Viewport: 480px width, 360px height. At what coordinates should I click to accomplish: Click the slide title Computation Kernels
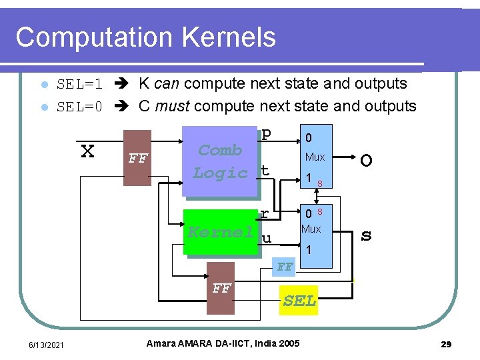point(145,37)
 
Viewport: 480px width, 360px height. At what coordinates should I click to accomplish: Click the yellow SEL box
point(299,301)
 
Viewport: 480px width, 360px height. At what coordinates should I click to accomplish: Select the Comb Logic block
point(220,161)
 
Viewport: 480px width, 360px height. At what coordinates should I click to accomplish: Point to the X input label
point(87,151)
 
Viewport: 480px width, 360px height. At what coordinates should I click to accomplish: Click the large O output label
point(366,161)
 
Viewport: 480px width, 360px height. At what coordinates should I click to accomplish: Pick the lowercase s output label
point(366,235)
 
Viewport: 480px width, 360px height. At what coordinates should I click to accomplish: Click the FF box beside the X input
point(138,159)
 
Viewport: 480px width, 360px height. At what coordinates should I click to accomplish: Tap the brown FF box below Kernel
point(221,289)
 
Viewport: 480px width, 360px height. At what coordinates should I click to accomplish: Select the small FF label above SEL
point(285,267)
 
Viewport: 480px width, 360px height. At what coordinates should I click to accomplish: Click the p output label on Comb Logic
point(266,133)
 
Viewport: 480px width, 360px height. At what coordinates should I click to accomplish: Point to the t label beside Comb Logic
point(265,171)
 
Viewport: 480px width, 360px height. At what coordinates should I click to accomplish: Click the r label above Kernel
point(264,213)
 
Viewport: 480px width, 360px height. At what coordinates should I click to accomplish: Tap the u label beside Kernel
point(266,238)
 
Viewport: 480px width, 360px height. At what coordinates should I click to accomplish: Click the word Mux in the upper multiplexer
point(315,157)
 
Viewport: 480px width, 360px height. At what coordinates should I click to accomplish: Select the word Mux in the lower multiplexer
point(311,229)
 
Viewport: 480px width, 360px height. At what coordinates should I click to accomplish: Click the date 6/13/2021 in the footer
point(46,344)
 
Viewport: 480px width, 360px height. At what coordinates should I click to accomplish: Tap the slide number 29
point(446,344)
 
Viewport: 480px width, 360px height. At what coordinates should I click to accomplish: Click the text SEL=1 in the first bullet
point(79,85)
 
